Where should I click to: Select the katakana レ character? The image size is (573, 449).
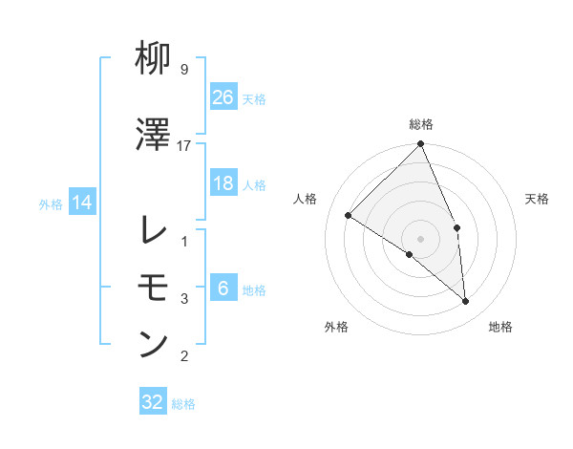pyautogui.click(x=154, y=229)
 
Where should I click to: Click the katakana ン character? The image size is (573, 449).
pyautogui.click(x=154, y=344)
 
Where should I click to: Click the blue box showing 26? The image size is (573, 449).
pyautogui.click(x=223, y=96)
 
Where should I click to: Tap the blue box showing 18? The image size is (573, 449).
pyautogui.click(x=223, y=183)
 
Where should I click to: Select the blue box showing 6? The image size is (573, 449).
pyautogui.click(x=223, y=289)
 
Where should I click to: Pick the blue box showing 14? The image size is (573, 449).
pyautogui.click(x=81, y=203)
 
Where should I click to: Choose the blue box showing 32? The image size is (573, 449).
pyautogui.click(x=153, y=402)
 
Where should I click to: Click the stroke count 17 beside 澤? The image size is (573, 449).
pyautogui.click(x=184, y=145)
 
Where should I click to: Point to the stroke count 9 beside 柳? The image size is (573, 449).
pyautogui.click(x=183, y=70)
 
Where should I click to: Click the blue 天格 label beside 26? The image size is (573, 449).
pyautogui.click(x=254, y=98)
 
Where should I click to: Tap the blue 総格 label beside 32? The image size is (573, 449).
pyautogui.click(x=183, y=404)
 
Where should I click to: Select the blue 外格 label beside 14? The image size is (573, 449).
pyautogui.click(x=51, y=203)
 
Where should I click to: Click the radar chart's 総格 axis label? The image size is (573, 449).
pyautogui.click(x=420, y=124)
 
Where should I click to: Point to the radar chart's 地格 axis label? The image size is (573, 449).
pyautogui.click(x=500, y=327)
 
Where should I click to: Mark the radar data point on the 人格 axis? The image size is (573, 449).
pyautogui.click(x=349, y=215)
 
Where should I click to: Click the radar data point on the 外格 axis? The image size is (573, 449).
pyautogui.click(x=409, y=254)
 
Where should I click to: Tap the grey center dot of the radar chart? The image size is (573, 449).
pyautogui.click(x=420, y=238)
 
